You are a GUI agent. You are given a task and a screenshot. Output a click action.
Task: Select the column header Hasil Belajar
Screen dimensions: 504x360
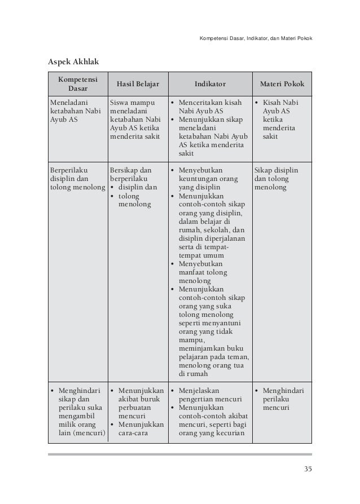point(138,85)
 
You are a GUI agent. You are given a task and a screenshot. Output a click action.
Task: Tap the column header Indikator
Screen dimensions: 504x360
point(209,85)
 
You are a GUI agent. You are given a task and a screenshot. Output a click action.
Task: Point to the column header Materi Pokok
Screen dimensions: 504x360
point(282,85)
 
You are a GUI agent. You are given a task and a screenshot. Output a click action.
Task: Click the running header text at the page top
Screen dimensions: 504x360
point(256,38)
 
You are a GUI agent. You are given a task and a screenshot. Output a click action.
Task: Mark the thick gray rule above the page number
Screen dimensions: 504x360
point(180,454)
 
